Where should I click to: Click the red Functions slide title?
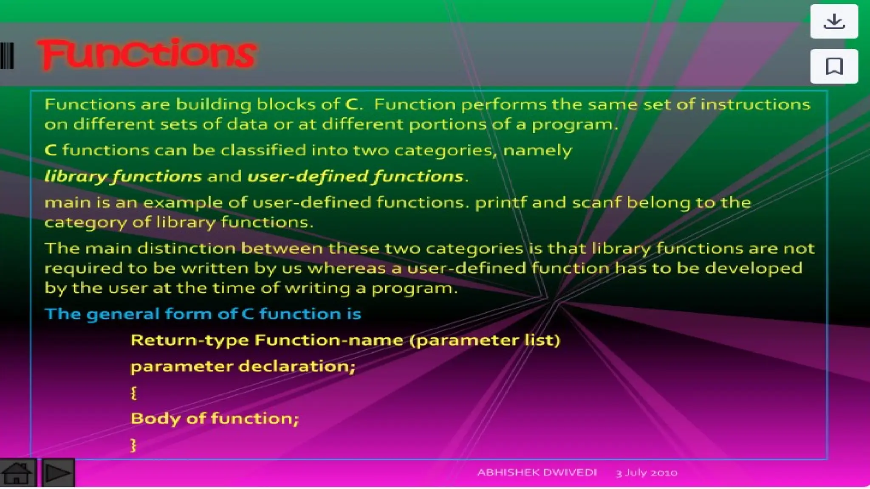coord(147,53)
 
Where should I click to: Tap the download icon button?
coord(834,21)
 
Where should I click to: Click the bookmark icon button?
coord(834,66)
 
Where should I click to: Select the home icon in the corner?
coord(17,472)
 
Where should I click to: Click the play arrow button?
coord(58,472)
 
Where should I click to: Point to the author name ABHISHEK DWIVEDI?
coord(537,472)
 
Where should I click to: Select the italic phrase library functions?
coord(123,177)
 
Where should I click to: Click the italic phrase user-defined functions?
coord(355,177)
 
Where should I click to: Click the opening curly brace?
coord(133,393)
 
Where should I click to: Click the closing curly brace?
coord(133,445)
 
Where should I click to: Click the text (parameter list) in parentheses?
coord(485,340)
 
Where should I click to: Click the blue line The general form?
coord(203,314)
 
